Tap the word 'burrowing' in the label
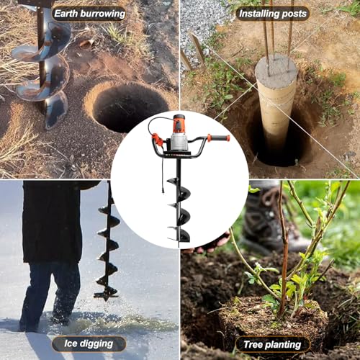click(x=102, y=13)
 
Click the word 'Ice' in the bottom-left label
click(x=63, y=343)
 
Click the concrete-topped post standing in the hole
click(x=276, y=94)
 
